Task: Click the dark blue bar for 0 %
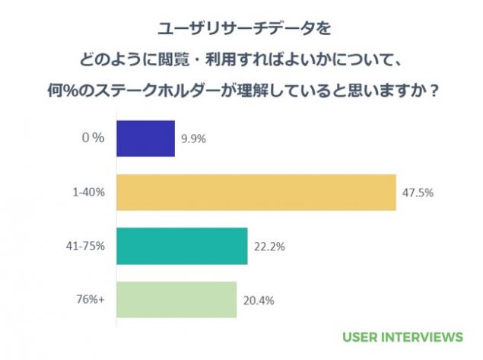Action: [145, 139]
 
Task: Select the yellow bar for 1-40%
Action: [256, 193]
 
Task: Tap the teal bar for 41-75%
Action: [182, 246]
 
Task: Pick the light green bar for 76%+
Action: [176, 299]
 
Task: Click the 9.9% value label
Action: [193, 139]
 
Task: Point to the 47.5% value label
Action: [418, 193]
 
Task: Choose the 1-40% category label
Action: [90, 193]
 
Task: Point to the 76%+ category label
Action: [91, 299]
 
